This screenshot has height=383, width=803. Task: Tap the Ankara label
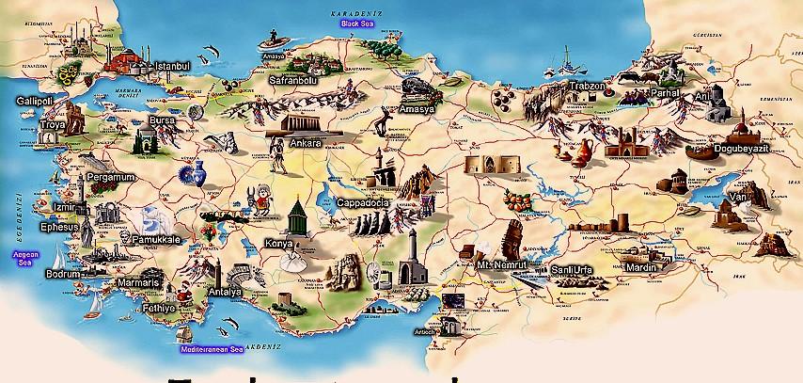(307, 143)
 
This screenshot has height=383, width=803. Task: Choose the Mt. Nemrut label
(498, 266)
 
